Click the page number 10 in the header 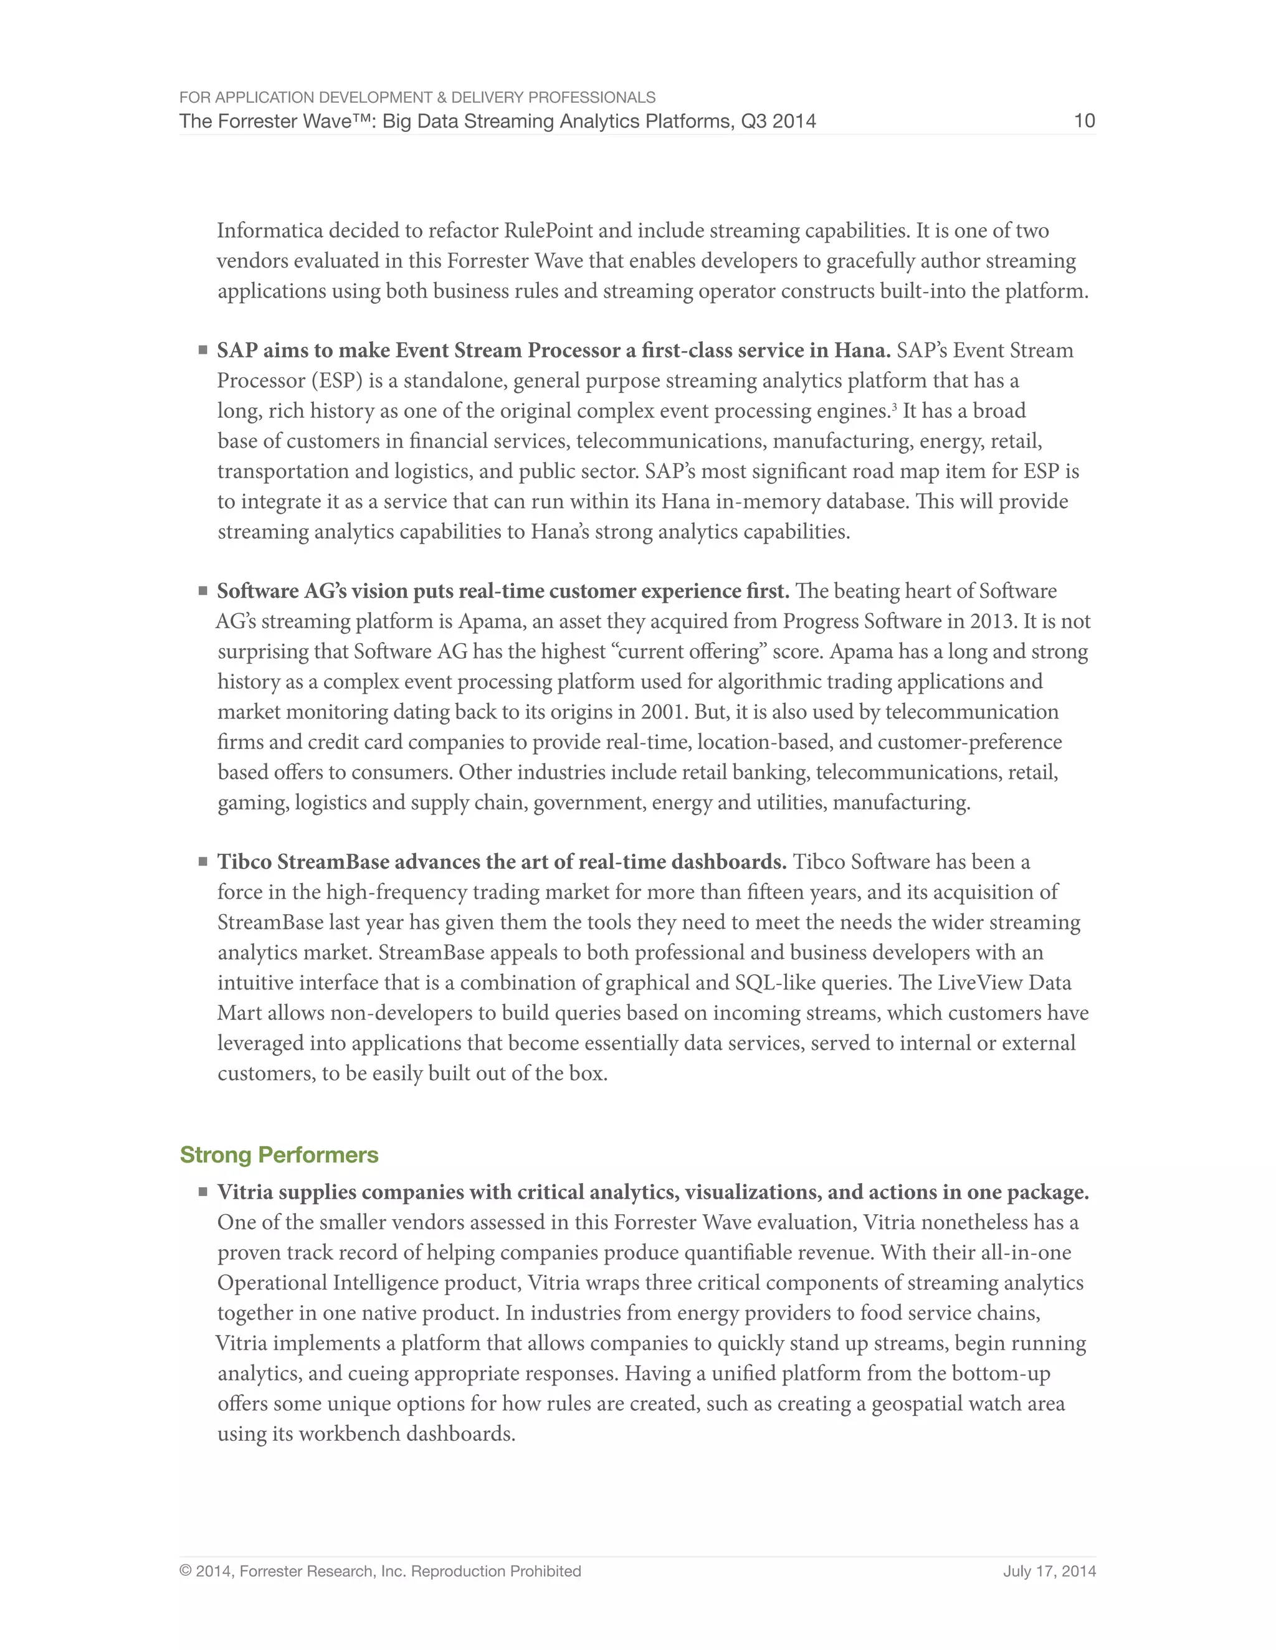[x=1084, y=121]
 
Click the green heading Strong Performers [x=279, y=1154]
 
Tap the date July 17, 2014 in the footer [x=1049, y=1572]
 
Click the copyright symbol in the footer [x=185, y=1572]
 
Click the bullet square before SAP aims [x=202, y=350]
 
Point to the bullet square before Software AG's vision [x=202, y=591]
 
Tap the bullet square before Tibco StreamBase [x=202, y=861]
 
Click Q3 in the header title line [x=751, y=121]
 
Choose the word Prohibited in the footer [x=545, y=1572]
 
